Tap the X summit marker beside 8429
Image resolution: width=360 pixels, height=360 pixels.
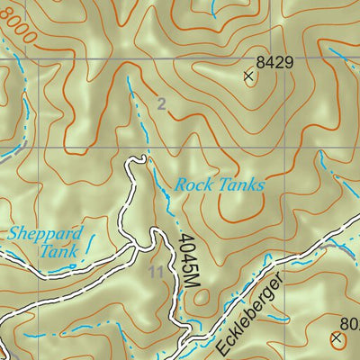[x=248, y=76]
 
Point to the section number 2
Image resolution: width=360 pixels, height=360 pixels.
[x=161, y=104]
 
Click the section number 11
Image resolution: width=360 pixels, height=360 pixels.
[x=156, y=271]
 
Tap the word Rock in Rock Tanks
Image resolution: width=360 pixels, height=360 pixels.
[x=193, y=185]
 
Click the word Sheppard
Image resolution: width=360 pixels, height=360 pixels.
[x=46, y=234]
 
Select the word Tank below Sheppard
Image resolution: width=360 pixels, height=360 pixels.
[x=58, y=252]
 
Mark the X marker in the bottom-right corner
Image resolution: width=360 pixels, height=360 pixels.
[x=337, y=339]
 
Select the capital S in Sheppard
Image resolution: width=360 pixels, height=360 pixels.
[x=13, y=234]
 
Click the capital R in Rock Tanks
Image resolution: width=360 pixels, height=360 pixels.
[x=181, y=185]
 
